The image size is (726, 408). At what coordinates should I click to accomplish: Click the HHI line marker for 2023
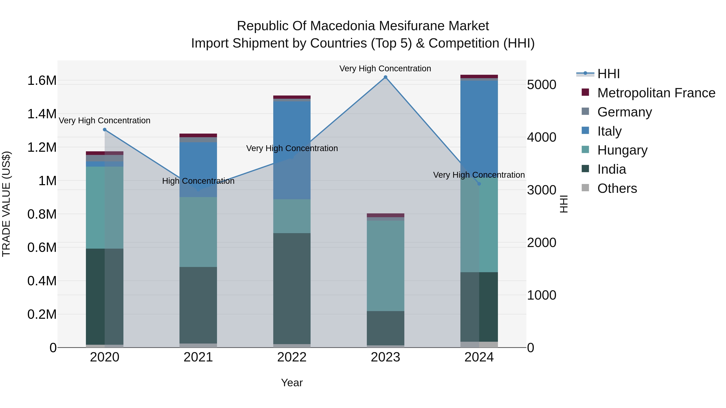click(x=385, y=77)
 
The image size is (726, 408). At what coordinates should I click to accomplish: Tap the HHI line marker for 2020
click(x=104, y=130)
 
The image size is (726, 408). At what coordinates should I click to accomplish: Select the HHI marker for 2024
click(x=479, y=184)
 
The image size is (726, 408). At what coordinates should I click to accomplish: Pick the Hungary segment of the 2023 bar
click(x=385, y=266)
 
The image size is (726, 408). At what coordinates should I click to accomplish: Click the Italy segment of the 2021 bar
click(x=198, y=169)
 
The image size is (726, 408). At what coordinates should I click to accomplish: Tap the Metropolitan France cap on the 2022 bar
click(x=292, y=97)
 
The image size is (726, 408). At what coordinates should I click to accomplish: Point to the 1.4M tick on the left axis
click(x=42, y=114)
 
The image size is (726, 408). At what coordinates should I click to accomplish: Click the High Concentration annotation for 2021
click(x=198, y=181)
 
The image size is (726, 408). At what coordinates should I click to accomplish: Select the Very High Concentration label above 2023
click(x=385, y=69)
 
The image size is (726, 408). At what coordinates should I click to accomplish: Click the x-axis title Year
click(x=292, y=383)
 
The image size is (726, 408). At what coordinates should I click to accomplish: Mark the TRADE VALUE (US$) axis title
click(x=6, y=204)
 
